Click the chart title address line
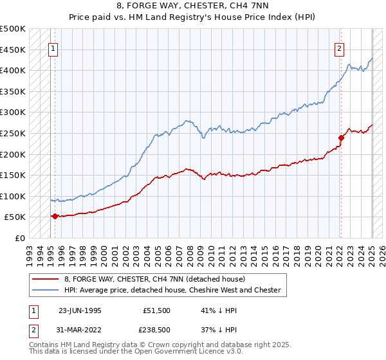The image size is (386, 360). (193, 6)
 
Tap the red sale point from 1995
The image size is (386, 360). (55, 216)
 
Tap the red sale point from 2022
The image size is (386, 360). (341, 137)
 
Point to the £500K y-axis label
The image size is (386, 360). (13, 29)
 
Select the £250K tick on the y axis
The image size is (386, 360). (13, 133)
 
